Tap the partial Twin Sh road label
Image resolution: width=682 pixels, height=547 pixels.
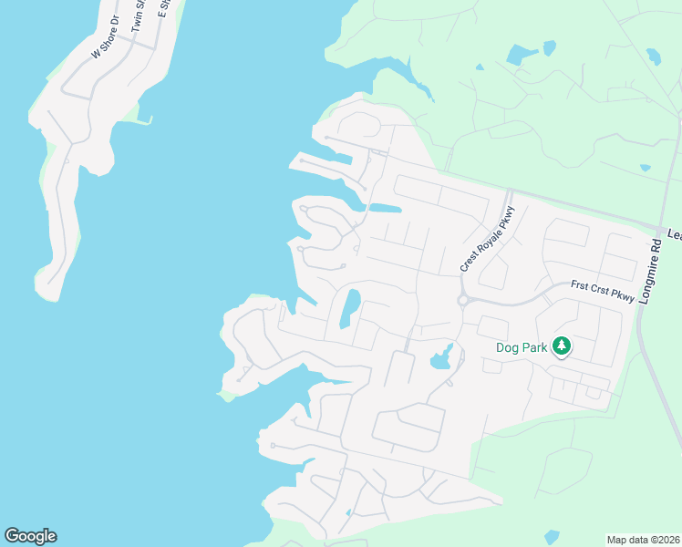pyautogui.click(x=139, y=16)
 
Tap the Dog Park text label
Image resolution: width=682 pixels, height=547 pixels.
pyautogui.click(x=521, y=347)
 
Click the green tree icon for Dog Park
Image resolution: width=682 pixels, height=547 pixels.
pyautogui.click(x=563, y=346)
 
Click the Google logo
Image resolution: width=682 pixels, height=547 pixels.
pyautogui.click(x=30, y=536)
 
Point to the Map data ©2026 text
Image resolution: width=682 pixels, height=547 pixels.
pyautogui.click(x=643, y=539)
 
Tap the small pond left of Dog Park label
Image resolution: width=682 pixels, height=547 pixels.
pyautogui.click(x=442, y=358)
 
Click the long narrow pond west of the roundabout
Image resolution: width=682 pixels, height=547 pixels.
pyautogui.click(x=348, y=308)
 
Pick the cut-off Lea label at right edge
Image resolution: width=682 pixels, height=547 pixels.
pyautogui.click(x=674, y=234)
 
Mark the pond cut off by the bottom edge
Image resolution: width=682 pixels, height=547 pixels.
pyautogui.click(x=551, y=538)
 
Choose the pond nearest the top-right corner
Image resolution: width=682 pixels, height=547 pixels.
pyautogui.click(x=653, y=57)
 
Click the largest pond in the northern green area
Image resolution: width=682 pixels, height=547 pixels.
pyautogui.click(x=522, y=55)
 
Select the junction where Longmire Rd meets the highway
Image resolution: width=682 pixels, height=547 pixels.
pyautogui.click(x=658, y=229)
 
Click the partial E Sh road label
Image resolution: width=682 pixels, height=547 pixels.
pyautogui.click(x=164, y=7)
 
